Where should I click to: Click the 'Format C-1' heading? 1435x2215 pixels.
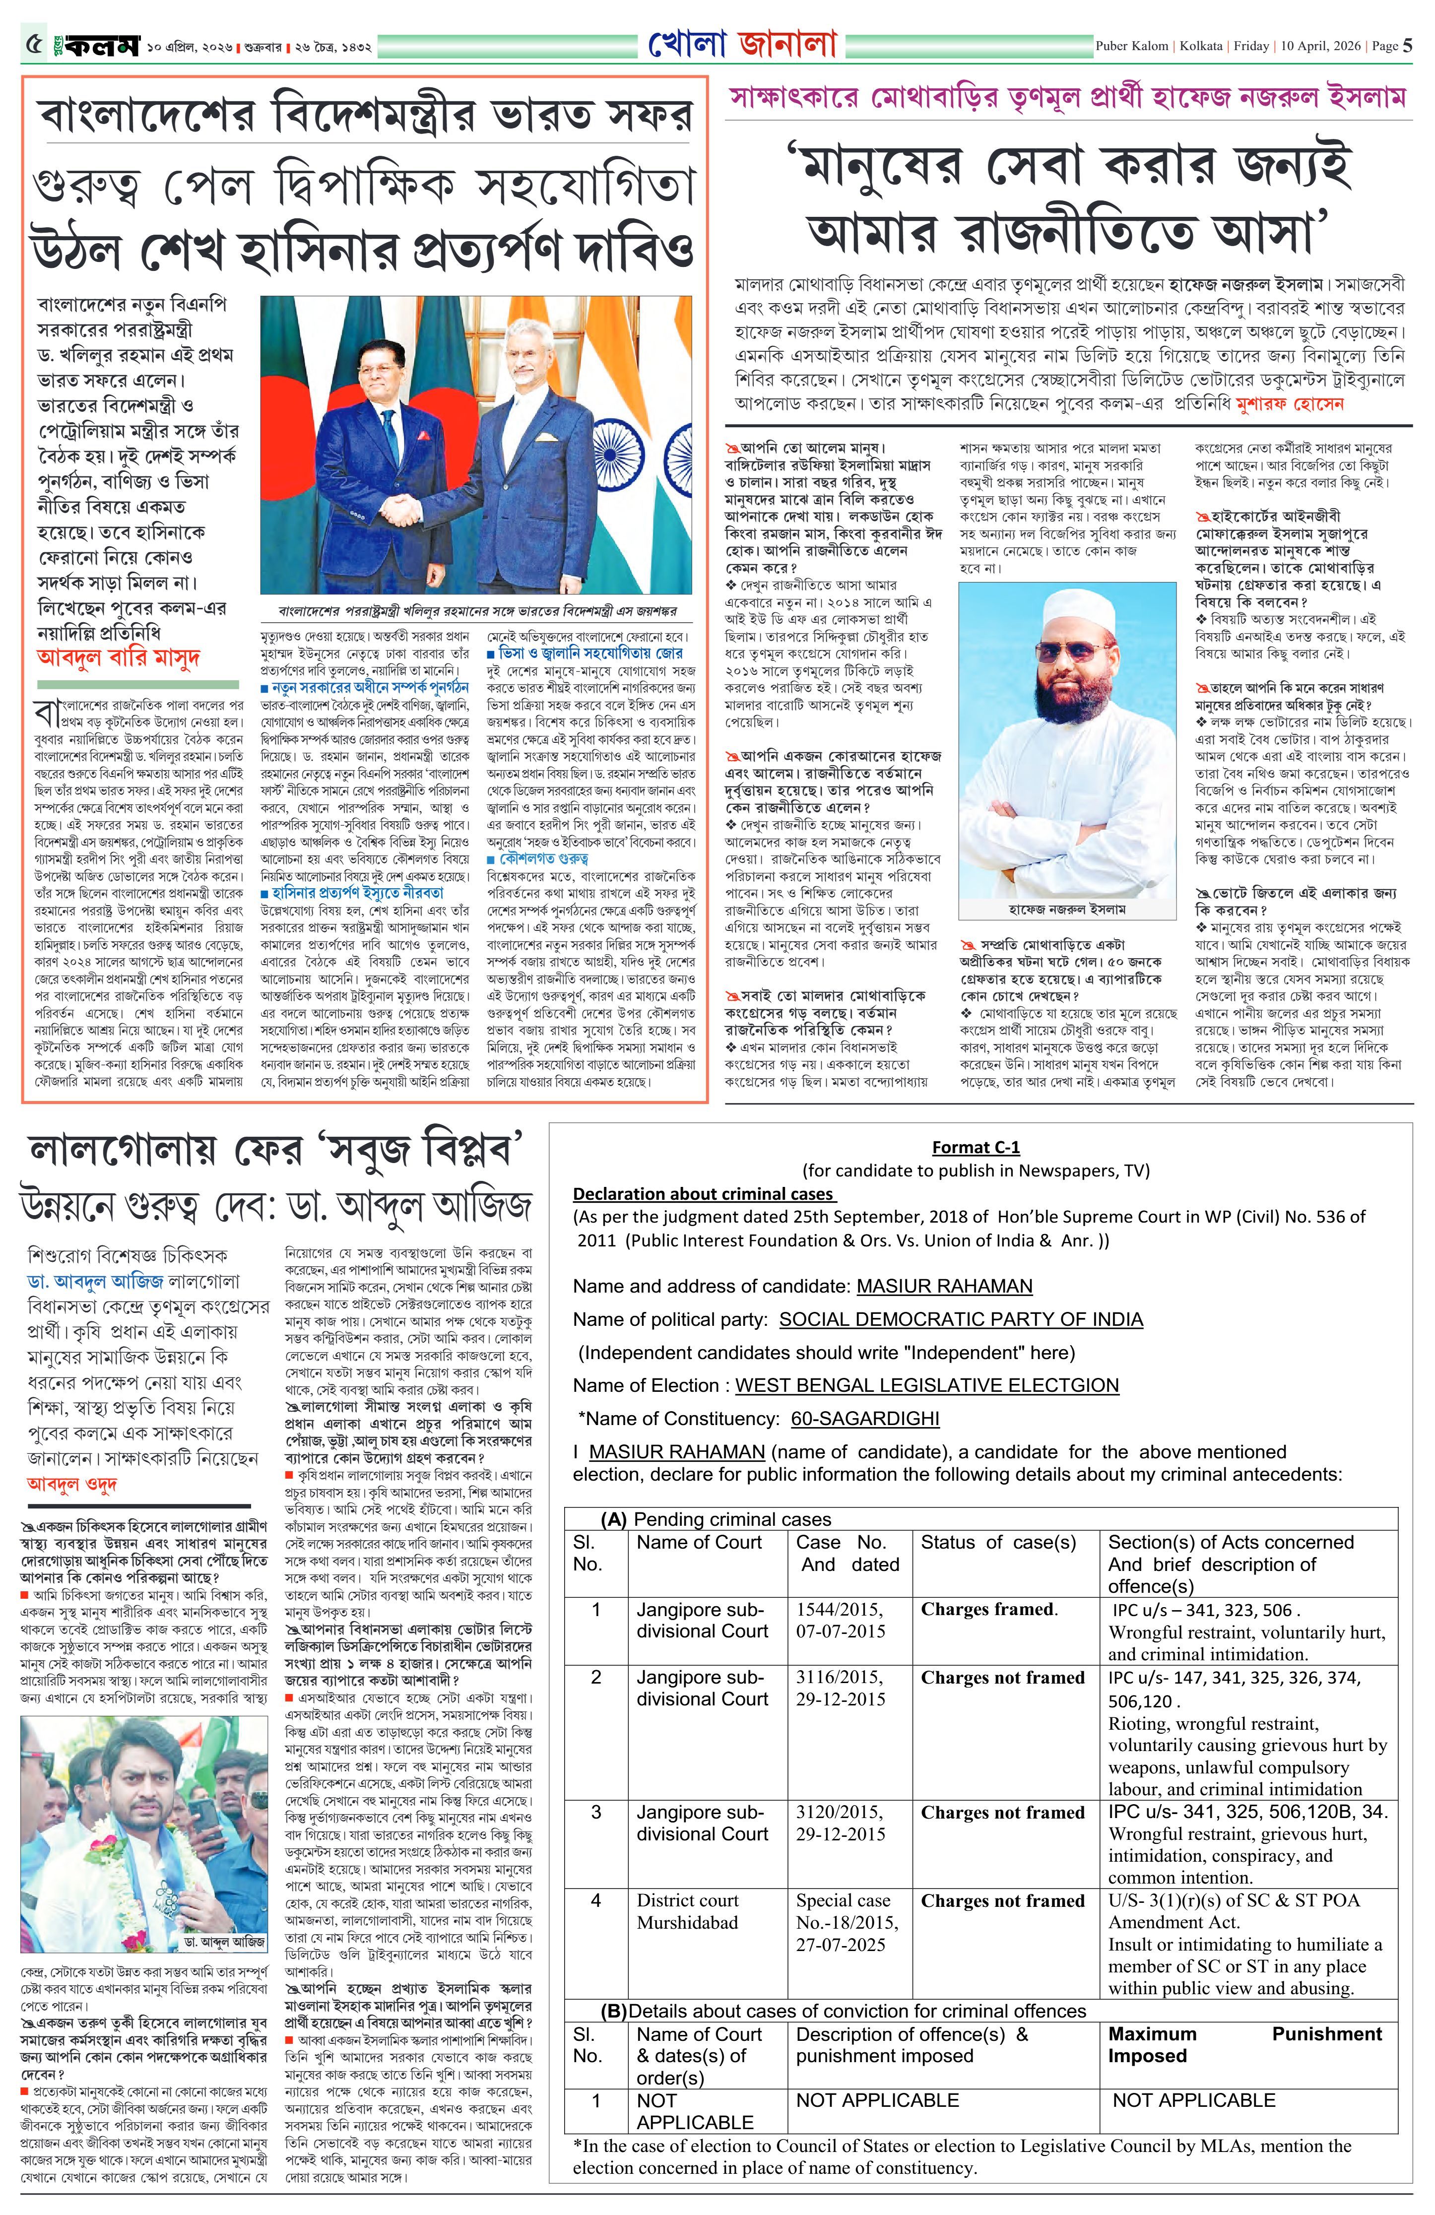coord(976,1148)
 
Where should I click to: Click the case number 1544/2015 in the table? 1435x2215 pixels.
coord(840,1609)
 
